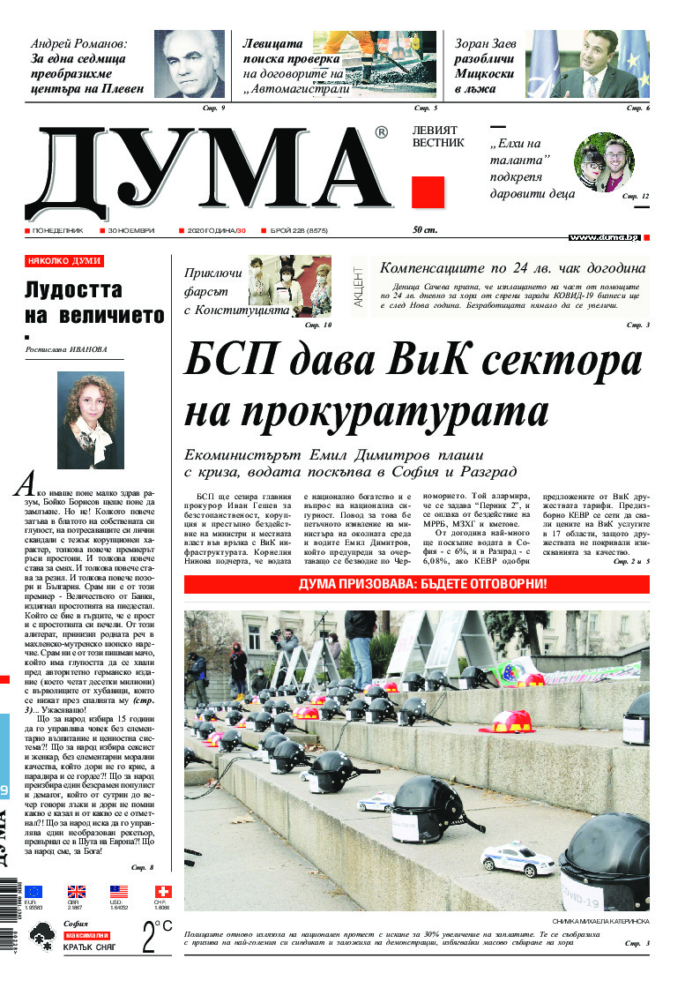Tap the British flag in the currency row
(77, 892)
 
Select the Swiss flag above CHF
(162, 892)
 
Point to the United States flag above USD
(119, 892)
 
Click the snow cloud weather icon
(41, 939)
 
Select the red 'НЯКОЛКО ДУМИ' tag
(64, 262)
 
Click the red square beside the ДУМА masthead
(428, 191)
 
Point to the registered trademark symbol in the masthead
(381, 133)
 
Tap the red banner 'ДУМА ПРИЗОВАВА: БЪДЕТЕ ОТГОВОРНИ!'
(417, 585)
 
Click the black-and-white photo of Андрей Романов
(189, 64)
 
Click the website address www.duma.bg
(603, 237)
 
